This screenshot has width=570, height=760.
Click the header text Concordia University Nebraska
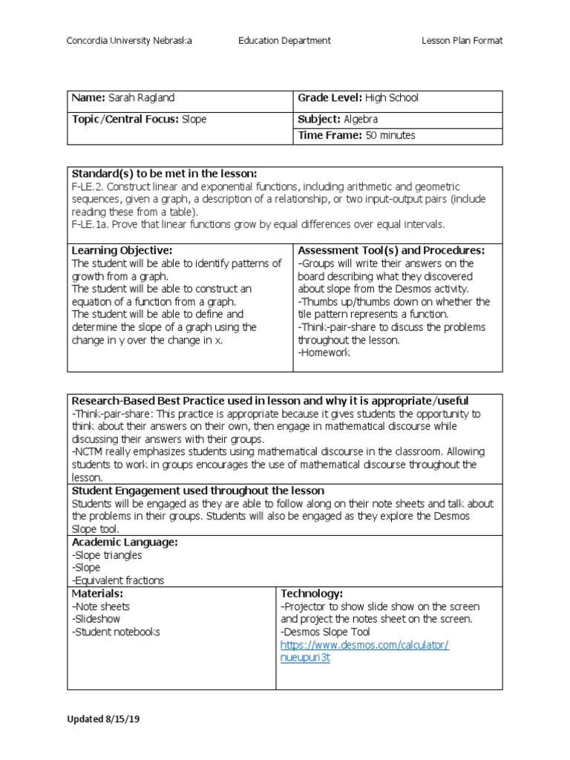tap(129, 41)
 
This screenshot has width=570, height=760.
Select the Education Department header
tap(284, 41)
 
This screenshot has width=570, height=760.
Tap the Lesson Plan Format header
tap(462, 41)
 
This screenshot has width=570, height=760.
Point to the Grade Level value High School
tap(392, 98)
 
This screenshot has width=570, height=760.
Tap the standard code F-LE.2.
tap(90, 186)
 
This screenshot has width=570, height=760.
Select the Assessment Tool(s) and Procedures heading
tap(391, 251)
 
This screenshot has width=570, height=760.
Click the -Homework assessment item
tap(324, 353)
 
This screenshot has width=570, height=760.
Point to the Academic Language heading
tap(124, 543)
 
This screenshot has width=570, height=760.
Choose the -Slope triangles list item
tap(107, 555)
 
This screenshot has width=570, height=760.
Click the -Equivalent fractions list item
tap(118, 580)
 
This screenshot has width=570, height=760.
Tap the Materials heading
tap(97, 594)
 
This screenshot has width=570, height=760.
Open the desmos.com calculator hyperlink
tap(364, 645)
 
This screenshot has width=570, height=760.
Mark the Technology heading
tap(312, 594)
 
